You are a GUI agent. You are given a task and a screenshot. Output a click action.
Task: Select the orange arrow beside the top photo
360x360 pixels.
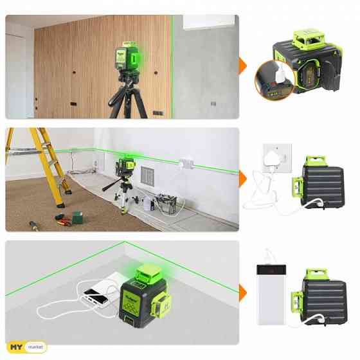pos(244,66)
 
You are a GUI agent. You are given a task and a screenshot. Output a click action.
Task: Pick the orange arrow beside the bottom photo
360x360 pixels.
pos(244,292)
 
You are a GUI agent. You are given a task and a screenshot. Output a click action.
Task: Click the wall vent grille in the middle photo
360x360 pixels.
pos(148,175)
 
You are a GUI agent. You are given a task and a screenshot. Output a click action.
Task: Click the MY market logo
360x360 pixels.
pos(26,347)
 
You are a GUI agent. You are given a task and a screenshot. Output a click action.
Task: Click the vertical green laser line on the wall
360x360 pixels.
pos(172,64)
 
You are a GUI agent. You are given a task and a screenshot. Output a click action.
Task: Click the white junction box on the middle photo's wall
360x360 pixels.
pos(186,165)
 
